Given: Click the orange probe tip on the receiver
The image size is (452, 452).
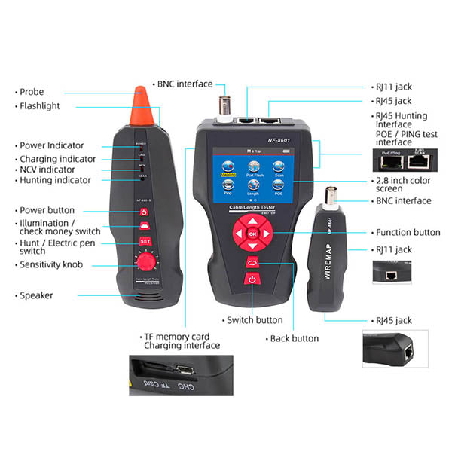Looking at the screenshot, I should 139,107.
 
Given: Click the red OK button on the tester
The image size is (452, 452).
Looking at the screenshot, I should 252,234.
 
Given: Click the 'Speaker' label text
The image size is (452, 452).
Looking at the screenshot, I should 36,295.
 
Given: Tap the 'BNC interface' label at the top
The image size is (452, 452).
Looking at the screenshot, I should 185,84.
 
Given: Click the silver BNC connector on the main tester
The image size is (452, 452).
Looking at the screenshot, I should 225,105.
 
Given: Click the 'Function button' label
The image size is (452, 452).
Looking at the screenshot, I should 407,233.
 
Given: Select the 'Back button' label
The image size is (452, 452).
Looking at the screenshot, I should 293,338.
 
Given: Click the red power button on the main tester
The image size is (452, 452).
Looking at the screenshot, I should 252,280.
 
